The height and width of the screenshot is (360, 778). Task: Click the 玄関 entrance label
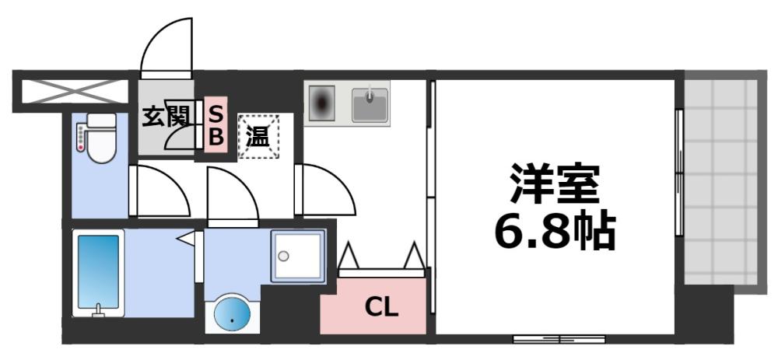(166, 117)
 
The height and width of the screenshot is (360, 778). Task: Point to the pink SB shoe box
(216, 125)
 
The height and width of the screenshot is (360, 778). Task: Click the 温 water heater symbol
(258, 137)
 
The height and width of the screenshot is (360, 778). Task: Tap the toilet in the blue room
(100, 138)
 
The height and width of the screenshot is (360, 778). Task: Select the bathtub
(99, 272)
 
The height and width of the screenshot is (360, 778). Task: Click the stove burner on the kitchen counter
(323, 103)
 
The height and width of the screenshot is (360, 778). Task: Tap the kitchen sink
(370, 105)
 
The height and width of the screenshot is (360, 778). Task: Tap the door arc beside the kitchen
(328, 190)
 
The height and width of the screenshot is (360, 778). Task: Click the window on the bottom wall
(559, 339)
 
